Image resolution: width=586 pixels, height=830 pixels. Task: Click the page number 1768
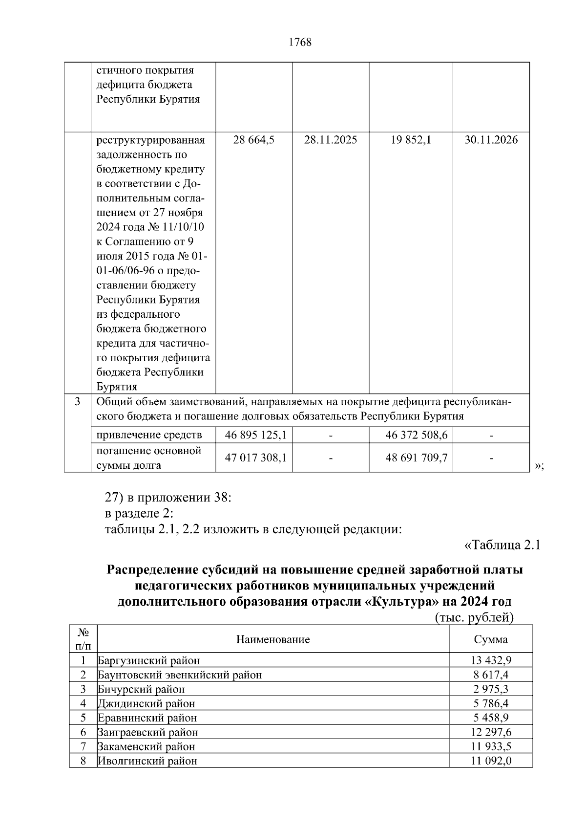tap(300, 43)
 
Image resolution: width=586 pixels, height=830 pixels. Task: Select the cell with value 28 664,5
tap(254, 140)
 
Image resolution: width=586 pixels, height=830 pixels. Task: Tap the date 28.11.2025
tap(331, 140)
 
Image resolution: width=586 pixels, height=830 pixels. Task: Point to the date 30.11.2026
tap(491, 140)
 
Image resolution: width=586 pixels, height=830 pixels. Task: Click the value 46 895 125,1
tap(255, 435)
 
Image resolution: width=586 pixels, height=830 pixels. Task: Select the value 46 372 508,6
tap(416, 435)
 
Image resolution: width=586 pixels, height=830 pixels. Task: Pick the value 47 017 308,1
tap(255, 458)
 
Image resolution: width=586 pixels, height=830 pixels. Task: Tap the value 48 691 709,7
tap(416, 458)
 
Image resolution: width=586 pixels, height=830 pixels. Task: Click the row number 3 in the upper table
tap(78, 402)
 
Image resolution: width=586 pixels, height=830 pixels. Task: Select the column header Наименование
tap(273, 639)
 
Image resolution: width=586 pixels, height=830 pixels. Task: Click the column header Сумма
tap(491, 639)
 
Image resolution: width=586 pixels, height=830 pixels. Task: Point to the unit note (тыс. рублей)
tap(474, 618)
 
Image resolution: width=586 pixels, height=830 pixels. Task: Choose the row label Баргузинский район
tap(149, 660)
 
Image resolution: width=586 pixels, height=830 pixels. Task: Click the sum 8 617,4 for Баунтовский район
tap(491, 675)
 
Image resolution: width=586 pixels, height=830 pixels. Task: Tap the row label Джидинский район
tap(146, 703)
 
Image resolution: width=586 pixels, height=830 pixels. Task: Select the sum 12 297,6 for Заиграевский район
tap(491, 732)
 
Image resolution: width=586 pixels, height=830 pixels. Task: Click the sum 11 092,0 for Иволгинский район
tap(491, 761)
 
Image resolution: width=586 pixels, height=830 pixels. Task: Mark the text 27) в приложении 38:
tap(168, 498)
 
